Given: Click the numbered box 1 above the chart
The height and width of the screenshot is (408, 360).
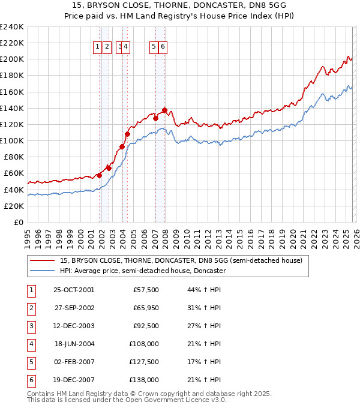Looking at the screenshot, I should [x=97, y=47].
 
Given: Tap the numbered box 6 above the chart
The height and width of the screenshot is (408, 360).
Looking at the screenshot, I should [x=163, y=47].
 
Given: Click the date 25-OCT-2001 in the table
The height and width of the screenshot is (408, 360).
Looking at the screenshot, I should [x=74, y=290].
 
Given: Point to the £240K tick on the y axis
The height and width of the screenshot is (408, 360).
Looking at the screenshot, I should [x=12, y=27].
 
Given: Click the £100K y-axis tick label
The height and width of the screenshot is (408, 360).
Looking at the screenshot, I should [x=12, y=140].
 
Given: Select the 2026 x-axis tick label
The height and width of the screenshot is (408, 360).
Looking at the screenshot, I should [x=356, y=235].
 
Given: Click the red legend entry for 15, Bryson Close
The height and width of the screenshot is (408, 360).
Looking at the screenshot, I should [x=184, y=260].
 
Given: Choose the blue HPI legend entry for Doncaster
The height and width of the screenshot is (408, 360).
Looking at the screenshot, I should [x=142, y=271].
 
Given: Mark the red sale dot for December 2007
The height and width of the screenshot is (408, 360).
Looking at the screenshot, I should [x=164, y=110].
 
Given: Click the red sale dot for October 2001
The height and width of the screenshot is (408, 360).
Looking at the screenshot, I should [x=99, y=175].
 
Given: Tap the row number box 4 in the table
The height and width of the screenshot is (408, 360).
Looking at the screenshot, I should [x=31, y=344].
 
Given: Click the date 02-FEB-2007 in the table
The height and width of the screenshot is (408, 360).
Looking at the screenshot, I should [x=74, y=362].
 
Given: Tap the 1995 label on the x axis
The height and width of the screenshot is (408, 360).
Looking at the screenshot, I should [x=28, y=235].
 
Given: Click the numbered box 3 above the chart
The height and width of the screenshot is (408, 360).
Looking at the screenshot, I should [x=120, y=47].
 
